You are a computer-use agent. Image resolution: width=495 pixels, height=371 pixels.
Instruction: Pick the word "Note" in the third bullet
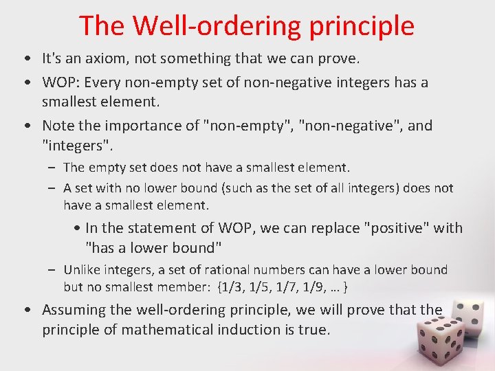click(58, 126)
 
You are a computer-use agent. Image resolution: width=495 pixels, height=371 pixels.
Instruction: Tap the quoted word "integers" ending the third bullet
click(76, 145)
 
